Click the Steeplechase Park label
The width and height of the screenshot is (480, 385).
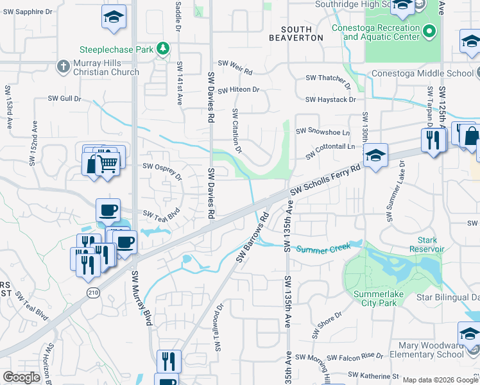point(117,49)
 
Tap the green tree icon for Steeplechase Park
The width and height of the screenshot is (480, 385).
point(164,49)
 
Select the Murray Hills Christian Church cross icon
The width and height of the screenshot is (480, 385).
point(63,65)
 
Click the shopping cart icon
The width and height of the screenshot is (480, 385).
point(108,163)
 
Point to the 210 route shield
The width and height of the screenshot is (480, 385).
point(93,292)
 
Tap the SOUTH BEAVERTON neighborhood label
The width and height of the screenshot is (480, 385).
point(302,33)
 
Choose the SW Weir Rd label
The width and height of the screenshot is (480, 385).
point(235,64)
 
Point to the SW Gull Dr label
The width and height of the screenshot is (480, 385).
point(65,99)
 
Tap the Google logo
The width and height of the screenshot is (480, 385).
point(21,377)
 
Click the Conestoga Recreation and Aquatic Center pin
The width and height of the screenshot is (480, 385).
point(429,31)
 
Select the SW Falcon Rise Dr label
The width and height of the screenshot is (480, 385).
point(355,357)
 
